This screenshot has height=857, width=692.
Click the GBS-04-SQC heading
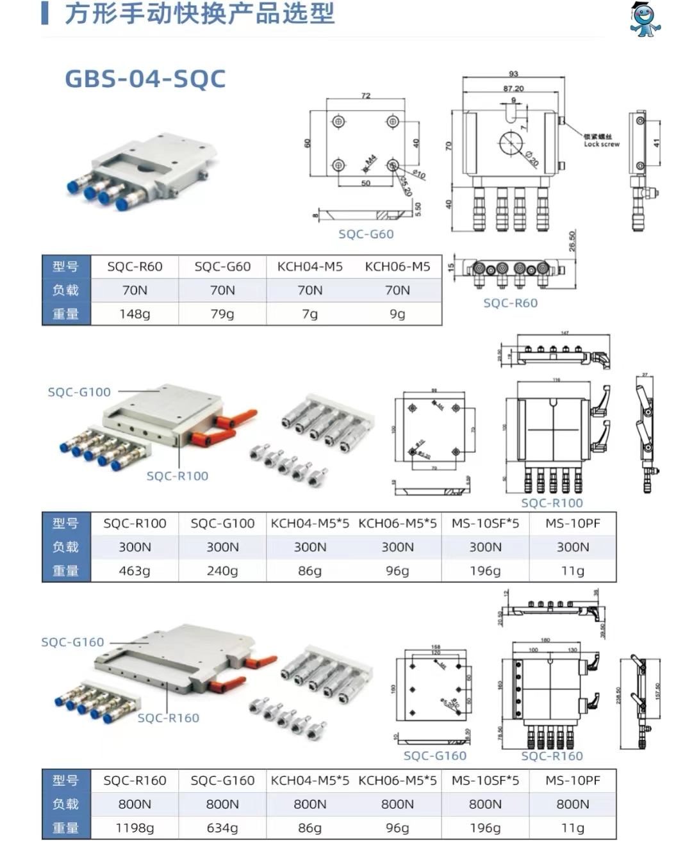[145, 79]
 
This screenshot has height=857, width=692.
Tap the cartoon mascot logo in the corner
[645, 19]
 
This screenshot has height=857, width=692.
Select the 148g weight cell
[135, 314]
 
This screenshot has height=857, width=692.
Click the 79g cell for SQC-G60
[222, 314]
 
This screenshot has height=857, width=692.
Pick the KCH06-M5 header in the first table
[397, 266]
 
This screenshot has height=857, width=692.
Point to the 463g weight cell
[135, 571]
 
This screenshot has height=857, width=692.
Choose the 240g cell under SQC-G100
[222, 571]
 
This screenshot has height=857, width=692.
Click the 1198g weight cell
[135, 828]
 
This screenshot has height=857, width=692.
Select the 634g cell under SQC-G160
[222, 828]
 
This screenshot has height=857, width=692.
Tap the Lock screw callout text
[601, 144]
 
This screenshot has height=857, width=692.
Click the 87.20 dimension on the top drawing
[513, 88]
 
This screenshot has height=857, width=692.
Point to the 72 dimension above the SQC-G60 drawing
[366, 95]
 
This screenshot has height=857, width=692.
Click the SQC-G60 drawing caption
[366, 234]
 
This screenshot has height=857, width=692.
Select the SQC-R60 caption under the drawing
[510, 303]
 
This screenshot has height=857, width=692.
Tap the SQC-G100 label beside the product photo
[79, 392]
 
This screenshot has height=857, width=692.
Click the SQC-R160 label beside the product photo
[168, 718]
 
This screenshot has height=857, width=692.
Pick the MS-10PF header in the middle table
[572, 523]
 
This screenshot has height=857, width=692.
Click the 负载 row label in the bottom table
[65, 804]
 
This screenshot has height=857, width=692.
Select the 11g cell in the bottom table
[572, 828]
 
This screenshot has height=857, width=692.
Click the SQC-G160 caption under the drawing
[434, 756]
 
